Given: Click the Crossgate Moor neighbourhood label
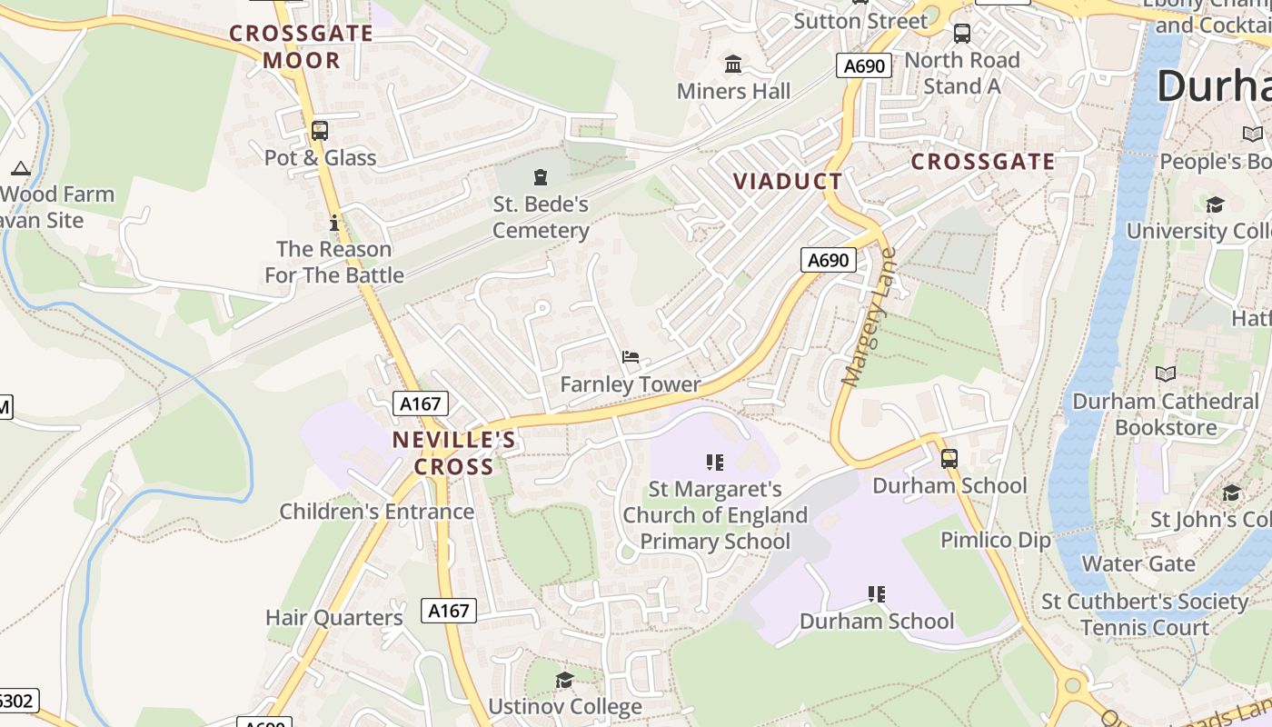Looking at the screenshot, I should pyautogui.click(x=301, y=47).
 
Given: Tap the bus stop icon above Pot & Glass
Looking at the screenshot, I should pyautogui.click(x=319, y=130).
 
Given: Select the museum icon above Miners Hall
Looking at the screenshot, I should pyautogui.click(x=733, y=65).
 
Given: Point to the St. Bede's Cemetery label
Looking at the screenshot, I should pyautogui.click(x=541, y=217).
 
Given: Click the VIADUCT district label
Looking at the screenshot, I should pyautogui.click(x=788, y=181).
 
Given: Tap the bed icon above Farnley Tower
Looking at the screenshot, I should pyautogui.click(x=631, y=357).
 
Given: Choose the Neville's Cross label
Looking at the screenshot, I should pyautogui.click(x=454, y=453).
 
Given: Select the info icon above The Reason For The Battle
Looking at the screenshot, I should pyautogui.click(x=334, y=222).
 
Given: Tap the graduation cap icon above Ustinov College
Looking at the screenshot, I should pyautogui.click(x=564, y=680).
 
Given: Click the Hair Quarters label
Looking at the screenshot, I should pyautogui.click(x=333, y=618).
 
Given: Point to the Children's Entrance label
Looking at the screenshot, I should pyautogui.click(x=376, y=512).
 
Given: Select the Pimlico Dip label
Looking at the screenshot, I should pyautogui.click(x=995, y=540).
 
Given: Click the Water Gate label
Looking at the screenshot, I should pyautogui.click(x=1138, y=563).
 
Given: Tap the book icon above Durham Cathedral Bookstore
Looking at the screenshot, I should pyautogui.click(x=1165, y=373).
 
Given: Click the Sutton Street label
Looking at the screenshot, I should pyautogui.click(x=860, y=21).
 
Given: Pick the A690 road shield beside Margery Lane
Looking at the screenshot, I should pyautogui.click(x=829, y=261).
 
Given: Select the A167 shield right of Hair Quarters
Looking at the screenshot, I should pyautogui.click(x=450, y=611).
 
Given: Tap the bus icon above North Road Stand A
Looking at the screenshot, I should pyautogui.click(x=961, y=34).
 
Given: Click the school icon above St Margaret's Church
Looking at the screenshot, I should pyautogui.click(x=715, y=463).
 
